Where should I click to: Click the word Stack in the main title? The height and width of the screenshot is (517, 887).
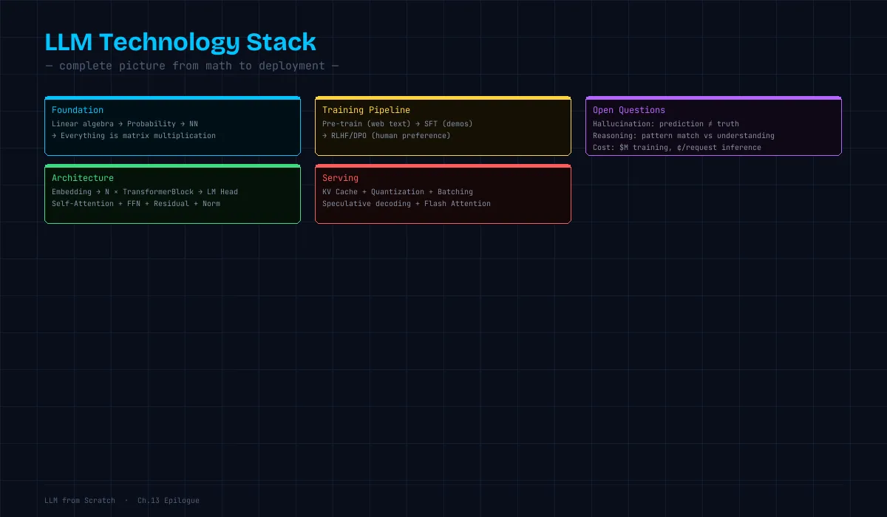coord(281,42)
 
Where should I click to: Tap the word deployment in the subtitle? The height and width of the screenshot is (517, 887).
coord(292,66)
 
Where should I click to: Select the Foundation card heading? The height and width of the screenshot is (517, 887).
coord(78,110)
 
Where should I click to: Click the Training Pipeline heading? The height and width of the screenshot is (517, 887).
coord(367,110)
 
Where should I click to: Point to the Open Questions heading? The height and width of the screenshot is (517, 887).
coord(629,110)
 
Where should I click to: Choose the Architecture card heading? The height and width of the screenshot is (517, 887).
coord(83,178)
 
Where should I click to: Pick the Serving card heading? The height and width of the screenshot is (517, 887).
coord(340,178)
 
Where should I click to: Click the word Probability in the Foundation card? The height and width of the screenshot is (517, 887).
coord(152,124)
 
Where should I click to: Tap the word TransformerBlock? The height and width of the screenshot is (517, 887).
coord(158,192)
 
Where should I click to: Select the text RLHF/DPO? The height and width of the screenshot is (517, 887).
coord(349,136)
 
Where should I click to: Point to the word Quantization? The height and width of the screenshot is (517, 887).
coord(398,192)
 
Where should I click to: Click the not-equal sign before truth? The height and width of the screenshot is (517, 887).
coord(710,124)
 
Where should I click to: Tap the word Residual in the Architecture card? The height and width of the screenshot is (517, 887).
coord(171,204)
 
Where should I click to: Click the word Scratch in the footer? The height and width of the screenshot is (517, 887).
coord(100,501)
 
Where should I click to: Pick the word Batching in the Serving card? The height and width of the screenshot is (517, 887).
coord(455,192)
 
